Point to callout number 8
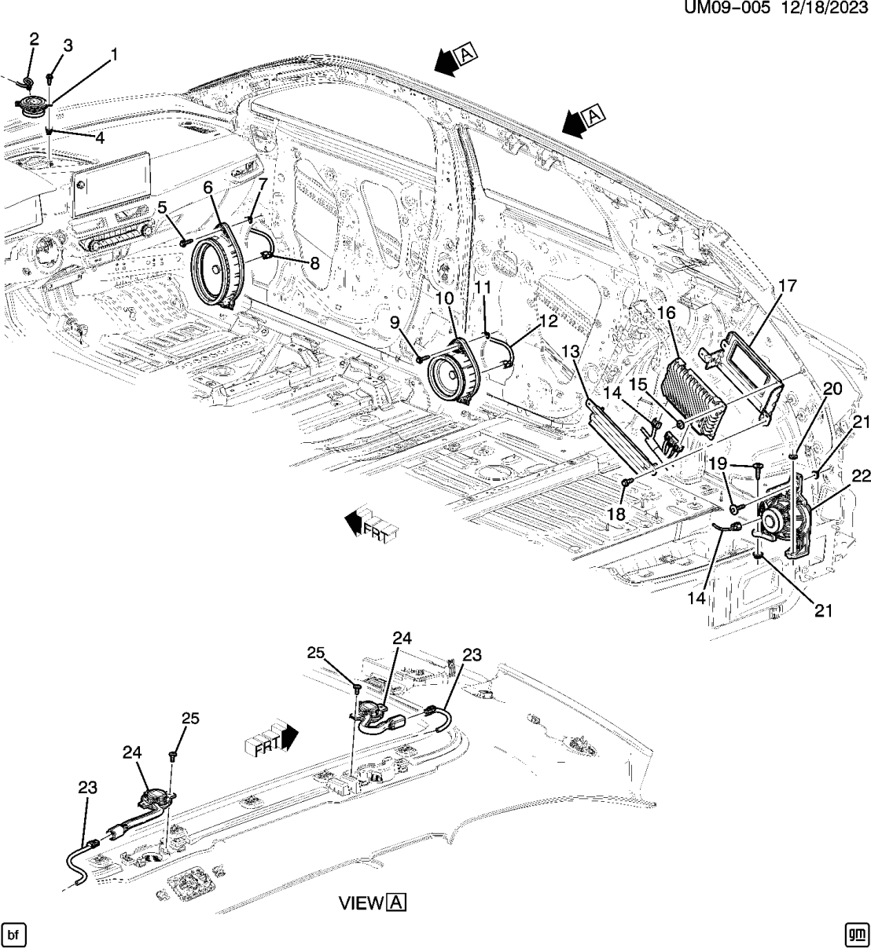[x=314, y=264]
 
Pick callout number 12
[x=547, y=321]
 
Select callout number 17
[x=788, y=286]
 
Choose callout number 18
[x=616, y=514]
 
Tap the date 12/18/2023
[x=825, y=9]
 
